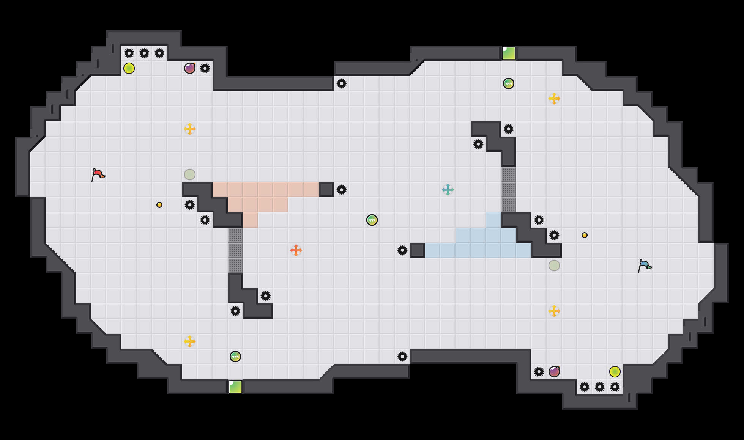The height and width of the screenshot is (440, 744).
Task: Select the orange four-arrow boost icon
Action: (296, 250)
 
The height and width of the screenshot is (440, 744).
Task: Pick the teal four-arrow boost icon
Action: (448, 190)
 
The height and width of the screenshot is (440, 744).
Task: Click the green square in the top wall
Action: (509, 53)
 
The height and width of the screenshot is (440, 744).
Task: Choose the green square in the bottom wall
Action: (235, 387)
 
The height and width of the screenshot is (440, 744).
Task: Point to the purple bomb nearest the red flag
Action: (190, 68)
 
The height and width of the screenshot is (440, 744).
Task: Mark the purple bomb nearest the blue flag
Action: (554, 372)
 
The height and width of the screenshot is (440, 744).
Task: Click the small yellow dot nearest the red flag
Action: (159, 205)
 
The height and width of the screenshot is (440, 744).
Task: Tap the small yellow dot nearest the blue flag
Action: (585, 235)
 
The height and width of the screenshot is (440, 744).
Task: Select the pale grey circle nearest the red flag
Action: (190, 174)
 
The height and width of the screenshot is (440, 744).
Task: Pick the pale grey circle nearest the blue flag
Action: (554, 266)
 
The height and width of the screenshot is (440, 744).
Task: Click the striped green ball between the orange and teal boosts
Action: (372, 220)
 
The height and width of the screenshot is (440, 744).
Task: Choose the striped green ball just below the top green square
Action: (509, 83)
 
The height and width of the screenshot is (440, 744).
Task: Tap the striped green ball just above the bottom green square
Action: (235, 357)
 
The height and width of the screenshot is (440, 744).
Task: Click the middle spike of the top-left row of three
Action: (144, 53)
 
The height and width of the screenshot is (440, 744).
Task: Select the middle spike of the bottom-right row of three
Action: (600, 387)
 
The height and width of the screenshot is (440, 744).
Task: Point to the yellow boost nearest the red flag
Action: (190, 129)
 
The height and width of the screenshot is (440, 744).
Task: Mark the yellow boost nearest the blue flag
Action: (554, 311)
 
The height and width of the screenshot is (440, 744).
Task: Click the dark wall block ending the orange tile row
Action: (326, 190)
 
